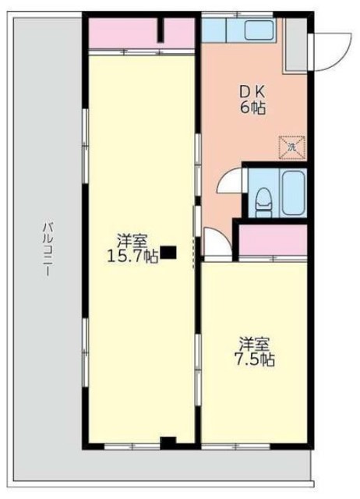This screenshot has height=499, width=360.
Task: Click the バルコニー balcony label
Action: click(x=48, y=249)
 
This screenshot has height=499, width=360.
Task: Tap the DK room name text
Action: click(x=252, y=93)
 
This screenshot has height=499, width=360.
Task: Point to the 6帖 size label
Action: click(x=252, y=108)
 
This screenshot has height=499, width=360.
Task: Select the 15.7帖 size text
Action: click(x=132, y=257)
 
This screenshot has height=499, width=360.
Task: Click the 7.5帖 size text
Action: click(x=255, y=359)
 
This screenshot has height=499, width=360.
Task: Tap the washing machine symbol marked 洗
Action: click(x=292, y=147)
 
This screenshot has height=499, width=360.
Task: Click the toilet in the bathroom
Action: click(x=264, y=203)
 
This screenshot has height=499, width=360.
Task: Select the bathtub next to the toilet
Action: click(x=293, y=193)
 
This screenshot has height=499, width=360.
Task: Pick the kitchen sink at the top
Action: click(x=259, y=30)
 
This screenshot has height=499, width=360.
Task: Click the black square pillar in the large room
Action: click(x=168, y=253)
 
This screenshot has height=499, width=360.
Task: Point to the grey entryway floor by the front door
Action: click(x=296, y=44)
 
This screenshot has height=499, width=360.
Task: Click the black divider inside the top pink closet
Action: click(x=161, y=30)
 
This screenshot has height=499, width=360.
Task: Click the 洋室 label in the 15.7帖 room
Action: click(x=132, y=241)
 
